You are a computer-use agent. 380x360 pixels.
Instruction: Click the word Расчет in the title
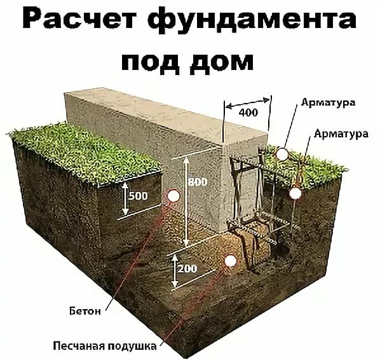coord(79,18)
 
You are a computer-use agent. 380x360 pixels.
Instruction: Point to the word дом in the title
coord(221,60)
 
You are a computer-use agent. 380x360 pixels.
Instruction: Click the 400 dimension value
coord(248,113)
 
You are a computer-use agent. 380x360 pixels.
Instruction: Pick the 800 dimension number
coord(198,182)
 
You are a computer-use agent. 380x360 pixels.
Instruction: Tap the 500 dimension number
coord(138,196)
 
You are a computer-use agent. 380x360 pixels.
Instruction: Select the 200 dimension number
coord(187,268)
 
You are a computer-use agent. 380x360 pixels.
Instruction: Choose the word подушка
coord(132,347)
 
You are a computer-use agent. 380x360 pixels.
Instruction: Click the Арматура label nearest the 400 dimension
coord(328,102)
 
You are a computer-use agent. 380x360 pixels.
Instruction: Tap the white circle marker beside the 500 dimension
coord(173,196)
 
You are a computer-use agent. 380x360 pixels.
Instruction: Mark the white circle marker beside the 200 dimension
coord(230,261)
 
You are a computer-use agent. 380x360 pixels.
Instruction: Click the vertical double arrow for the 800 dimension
coord(186,202)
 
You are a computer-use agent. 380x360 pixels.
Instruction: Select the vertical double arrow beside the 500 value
coord(125,198)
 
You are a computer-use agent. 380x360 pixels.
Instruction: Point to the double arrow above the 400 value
coord(247,103)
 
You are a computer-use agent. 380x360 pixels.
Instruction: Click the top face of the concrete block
coord(167,114)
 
